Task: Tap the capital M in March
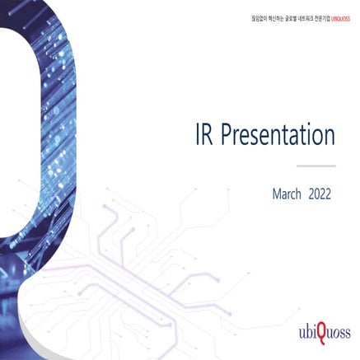pos(276,194)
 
